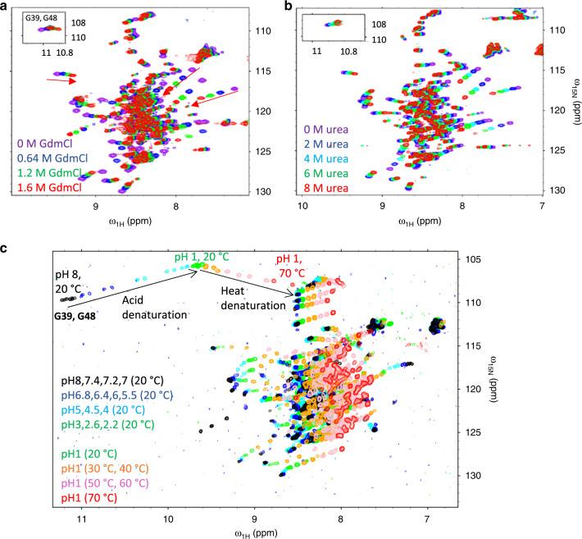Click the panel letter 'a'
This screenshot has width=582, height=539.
click(6, 7)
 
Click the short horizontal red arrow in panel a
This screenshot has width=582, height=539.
click(61, 80)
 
